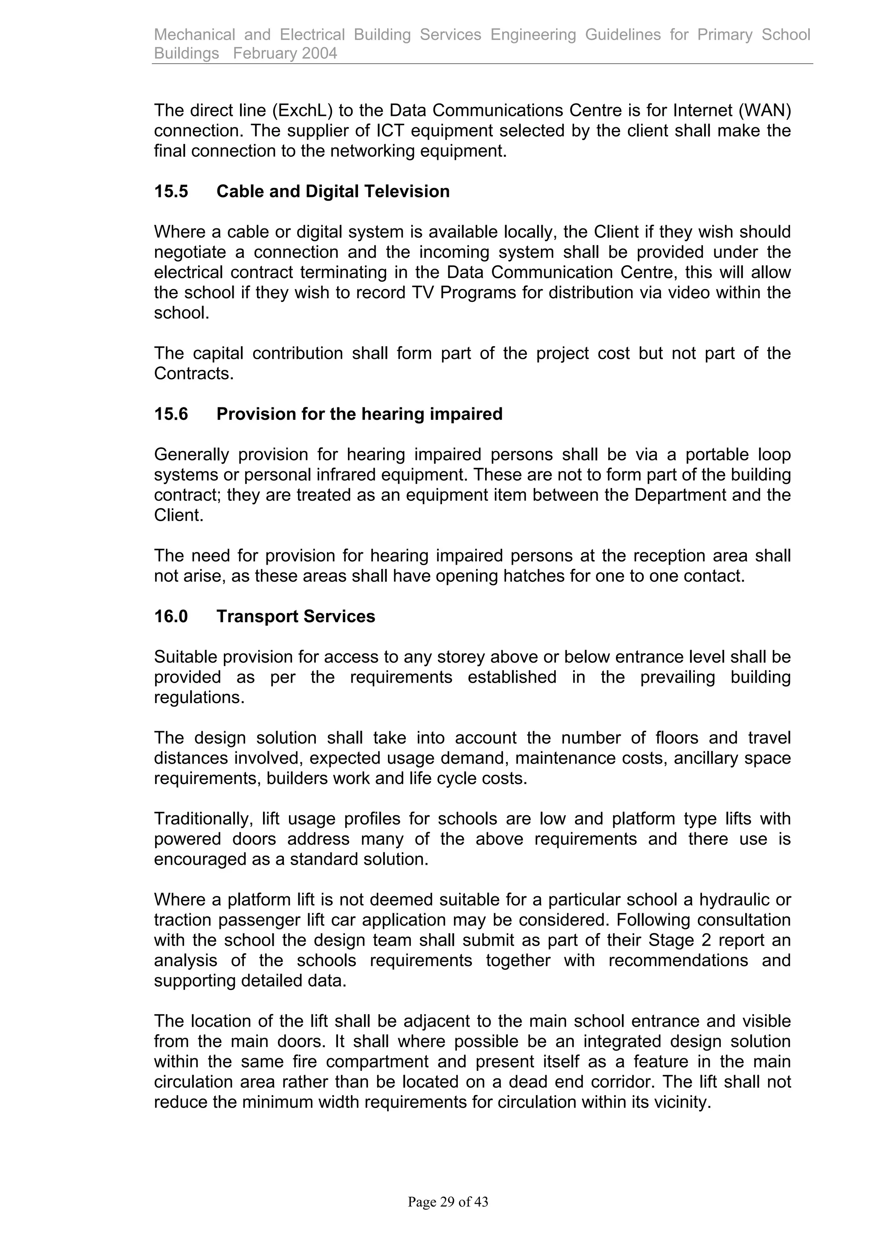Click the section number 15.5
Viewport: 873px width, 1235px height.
coord(171,191)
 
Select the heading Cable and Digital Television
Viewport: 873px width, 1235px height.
coord(332,191)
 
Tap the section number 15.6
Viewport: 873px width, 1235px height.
coord(171,414)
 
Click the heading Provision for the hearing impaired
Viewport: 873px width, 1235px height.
coord(359,414)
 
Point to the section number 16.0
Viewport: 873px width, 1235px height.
coord(171,616)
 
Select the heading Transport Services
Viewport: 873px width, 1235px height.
coord(295,616)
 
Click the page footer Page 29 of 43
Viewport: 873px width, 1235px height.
coord(448,1202)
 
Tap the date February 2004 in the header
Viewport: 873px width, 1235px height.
coord(285,53)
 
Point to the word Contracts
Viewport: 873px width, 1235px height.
coord(193,373)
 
